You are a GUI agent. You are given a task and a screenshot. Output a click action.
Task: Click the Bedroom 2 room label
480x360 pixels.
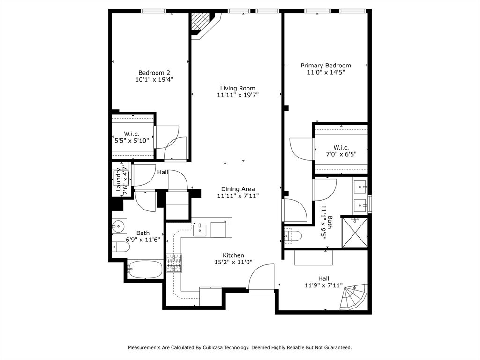point(154,73)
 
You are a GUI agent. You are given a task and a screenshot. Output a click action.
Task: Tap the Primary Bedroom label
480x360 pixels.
point(326,66)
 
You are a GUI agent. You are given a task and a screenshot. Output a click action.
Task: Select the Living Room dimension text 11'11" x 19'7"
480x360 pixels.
point(238,95)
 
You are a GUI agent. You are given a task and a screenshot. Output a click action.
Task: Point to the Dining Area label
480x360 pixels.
point(238,189)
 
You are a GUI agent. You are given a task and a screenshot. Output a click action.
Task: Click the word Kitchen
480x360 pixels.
point(233,255)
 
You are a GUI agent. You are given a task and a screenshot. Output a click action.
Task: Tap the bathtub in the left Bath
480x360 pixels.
point(145,269)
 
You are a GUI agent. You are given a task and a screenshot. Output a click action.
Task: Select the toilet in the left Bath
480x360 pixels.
point(121,247)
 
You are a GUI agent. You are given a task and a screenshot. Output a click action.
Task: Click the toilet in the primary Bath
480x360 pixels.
point(293,236)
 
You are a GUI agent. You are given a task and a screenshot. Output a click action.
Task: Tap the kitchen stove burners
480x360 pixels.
point(174,263)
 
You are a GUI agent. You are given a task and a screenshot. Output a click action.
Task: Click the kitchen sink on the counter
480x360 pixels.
point(200,230)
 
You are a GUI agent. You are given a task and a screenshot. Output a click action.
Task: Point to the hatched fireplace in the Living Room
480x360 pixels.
point(199,22)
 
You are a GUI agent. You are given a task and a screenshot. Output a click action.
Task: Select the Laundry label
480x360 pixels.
point(119,180)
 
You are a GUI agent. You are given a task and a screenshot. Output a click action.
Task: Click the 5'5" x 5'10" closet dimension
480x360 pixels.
point(132,141)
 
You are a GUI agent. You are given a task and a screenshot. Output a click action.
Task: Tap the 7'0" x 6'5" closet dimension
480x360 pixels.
point(341,154)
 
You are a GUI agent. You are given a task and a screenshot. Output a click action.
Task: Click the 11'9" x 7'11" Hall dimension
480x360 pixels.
point(323,285)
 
